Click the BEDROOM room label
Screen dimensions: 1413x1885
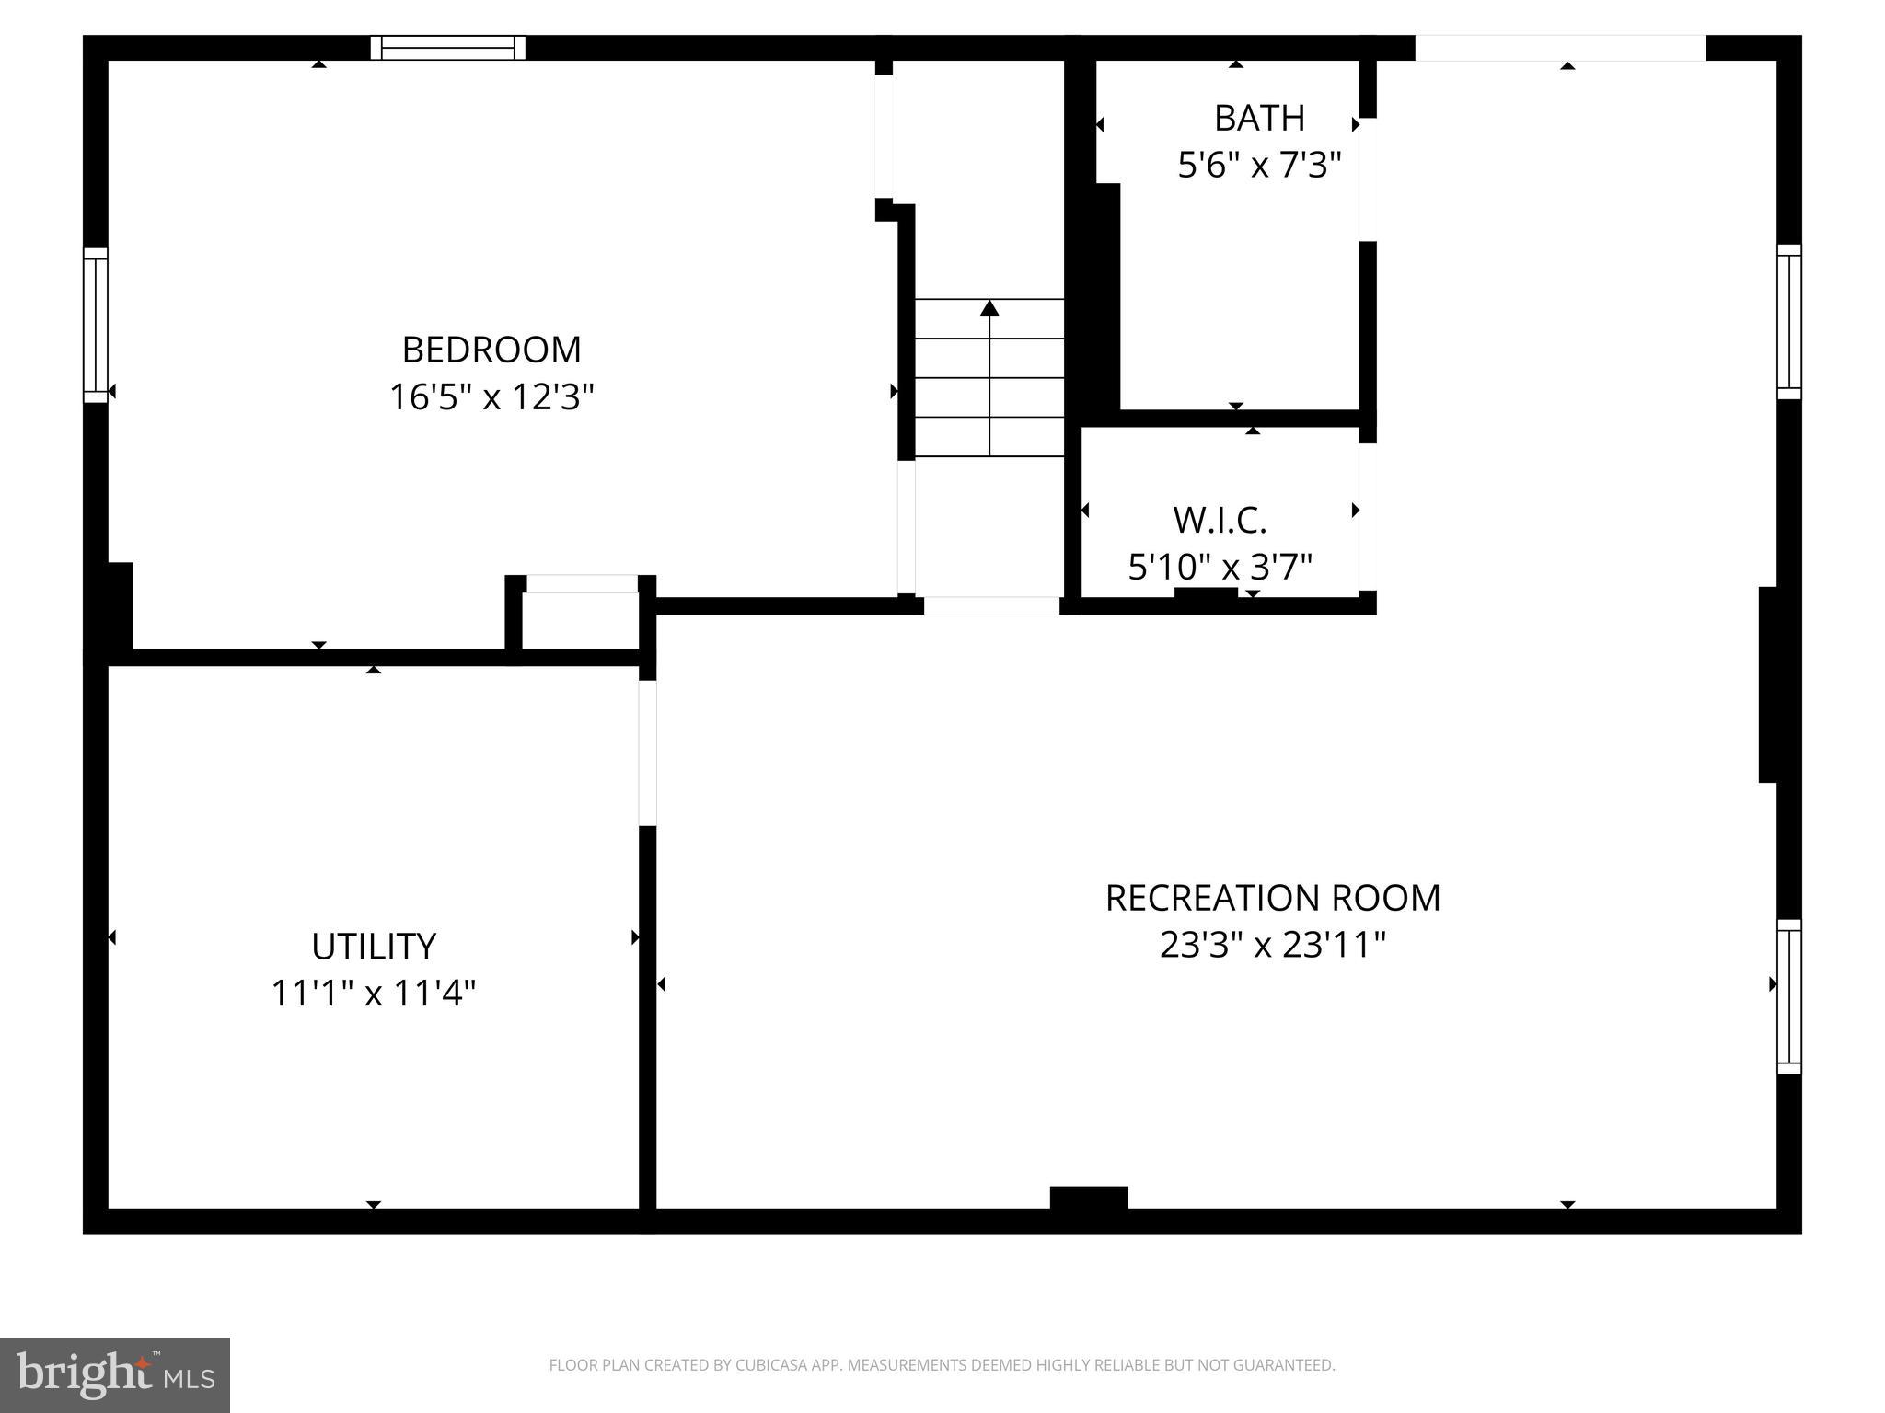[x=491, y=350]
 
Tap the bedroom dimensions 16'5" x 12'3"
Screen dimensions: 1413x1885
[x=491, y=397]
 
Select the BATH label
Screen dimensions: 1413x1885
[x=1259, y=118]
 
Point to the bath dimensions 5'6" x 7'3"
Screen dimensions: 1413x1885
[x=1259, y=166]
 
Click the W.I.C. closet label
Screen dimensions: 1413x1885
[x=1220, y=521]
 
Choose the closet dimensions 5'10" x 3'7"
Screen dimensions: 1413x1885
[x=1220, y=567]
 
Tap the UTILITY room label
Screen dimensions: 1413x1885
[x=373, y=946]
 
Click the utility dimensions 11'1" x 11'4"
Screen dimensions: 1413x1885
[x=373, y=994]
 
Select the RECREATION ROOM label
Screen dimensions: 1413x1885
[x=1272, y=898]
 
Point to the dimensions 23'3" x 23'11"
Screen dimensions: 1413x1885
[x=1272, y=945]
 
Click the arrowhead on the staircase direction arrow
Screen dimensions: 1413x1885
[x=989, y=308]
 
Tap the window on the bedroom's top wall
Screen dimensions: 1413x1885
[x=447, y=48]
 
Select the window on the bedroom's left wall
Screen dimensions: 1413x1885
[x=96, y=325]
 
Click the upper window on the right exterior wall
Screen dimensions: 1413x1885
[x=1788, y=322]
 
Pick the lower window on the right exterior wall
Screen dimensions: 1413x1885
[x=1788, y=996]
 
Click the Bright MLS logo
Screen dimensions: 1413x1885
[x=115, y=1374]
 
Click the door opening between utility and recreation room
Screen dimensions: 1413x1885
[x=648, y=752]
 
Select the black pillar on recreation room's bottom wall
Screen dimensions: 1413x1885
[x=1089, y=1198]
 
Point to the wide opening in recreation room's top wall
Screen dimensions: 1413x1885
[x=1559, y=48]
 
